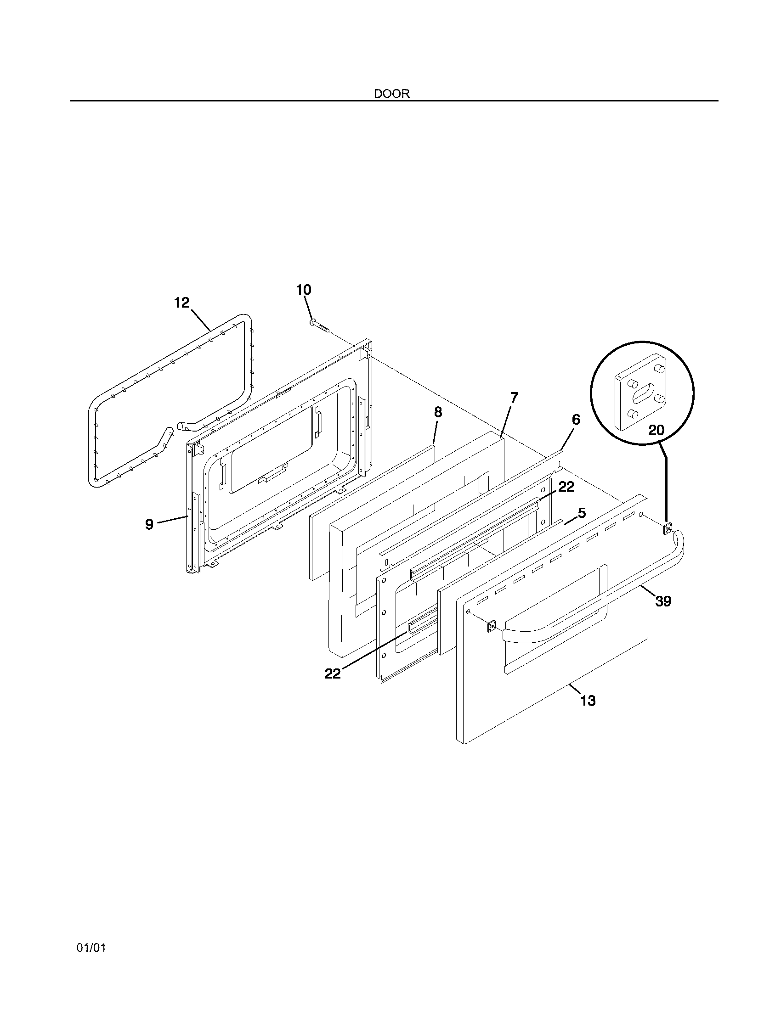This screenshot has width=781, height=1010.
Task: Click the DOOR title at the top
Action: coord(391,94)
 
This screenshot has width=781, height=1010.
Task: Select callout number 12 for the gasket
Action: coord(182,303)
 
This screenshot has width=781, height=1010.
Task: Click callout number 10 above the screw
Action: coord(304,290)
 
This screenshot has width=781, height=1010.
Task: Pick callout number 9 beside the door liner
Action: coord(149,524)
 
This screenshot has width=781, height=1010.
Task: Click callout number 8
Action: coord(438,413)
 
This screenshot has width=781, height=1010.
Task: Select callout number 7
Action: coord(514,397)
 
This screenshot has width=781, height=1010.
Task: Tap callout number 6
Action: coord(576,420)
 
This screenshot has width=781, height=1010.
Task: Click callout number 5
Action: coord(582,513)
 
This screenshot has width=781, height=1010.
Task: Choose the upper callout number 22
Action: coord(566,487)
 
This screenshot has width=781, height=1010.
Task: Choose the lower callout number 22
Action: coord(333,674)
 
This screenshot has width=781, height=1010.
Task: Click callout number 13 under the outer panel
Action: coord(588,714)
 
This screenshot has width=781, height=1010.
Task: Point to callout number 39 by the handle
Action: coord(663,601)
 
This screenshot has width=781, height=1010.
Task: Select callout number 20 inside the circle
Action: coord(656,430)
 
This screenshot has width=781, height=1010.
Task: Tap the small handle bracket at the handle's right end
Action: coord(668,528)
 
